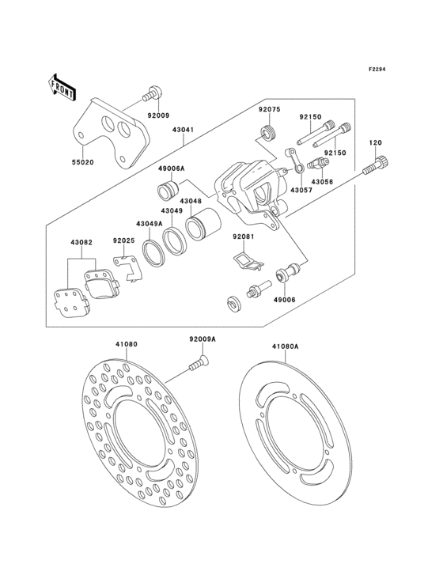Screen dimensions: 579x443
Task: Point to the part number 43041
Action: (184, 129)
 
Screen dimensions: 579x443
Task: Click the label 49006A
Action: (171, 169)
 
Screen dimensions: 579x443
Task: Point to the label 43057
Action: (300, 191)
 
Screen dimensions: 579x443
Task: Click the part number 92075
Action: (269, 111)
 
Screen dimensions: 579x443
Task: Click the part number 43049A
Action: (148, 223)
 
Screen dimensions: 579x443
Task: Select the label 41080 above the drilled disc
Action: (127, 345)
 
